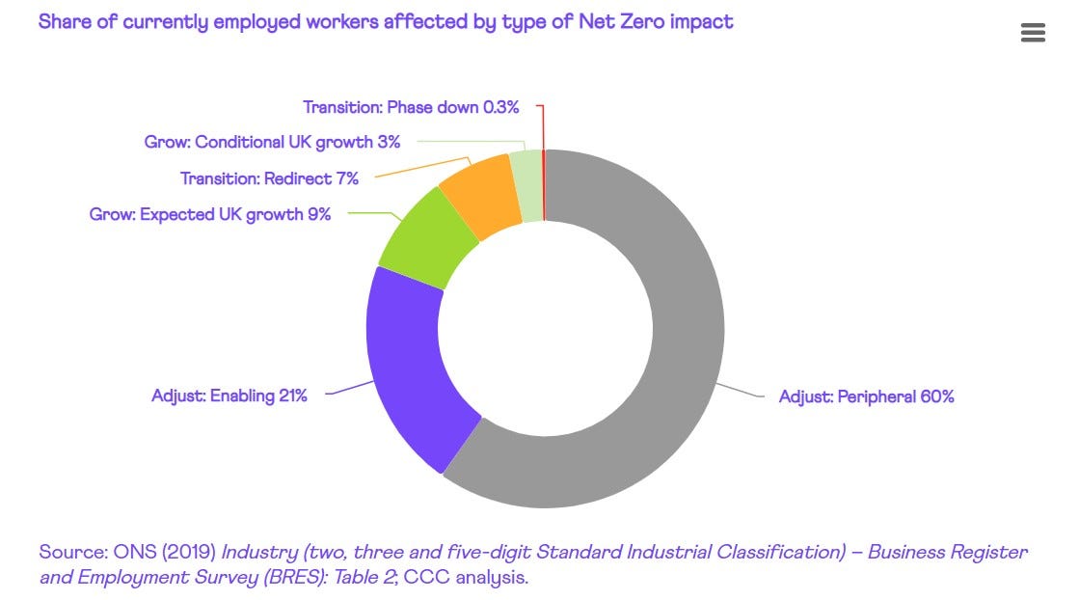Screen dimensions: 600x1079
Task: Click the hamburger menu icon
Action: tap(1032, 33)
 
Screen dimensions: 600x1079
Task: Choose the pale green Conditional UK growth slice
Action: tap(526, 185)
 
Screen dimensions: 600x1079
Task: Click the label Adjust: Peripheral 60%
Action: tap(866, 396)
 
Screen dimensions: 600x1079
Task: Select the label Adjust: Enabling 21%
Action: tap(229, 395)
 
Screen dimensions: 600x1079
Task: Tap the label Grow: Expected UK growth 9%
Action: tap(210, 214)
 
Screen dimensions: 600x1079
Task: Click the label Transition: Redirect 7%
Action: tap(269, 178)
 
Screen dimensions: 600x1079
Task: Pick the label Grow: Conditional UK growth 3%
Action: tap(272, 142)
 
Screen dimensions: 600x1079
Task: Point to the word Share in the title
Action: tap(66, 20)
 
